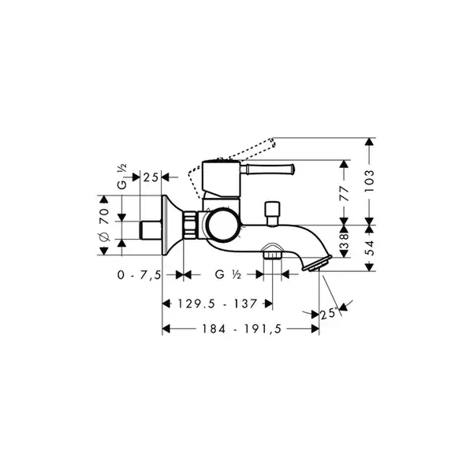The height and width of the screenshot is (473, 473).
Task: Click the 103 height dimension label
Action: tap(369, 181)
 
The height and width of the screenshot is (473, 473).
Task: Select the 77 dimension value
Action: tap(345, 194)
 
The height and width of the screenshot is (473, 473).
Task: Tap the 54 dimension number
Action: tap(370, 248)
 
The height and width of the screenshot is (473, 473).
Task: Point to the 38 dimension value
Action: tap(345, 241)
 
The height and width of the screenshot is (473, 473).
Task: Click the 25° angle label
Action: tap(329, 314)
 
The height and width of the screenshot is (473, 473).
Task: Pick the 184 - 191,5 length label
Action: tap(242, 329)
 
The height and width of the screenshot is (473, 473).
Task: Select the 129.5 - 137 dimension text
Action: tap(218, 304)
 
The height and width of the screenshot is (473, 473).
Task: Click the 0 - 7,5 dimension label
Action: tap(140, 275)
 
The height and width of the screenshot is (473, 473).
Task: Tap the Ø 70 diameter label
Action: tap(104, 225)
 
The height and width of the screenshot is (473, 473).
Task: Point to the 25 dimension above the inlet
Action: tap(151, 177)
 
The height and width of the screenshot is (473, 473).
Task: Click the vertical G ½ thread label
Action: tap(122, 177)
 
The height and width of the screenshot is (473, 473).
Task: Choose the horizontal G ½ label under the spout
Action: tap(228, 274)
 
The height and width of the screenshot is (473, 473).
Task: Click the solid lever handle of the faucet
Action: tap(266, 169)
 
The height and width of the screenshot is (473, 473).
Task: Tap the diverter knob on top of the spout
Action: tap(273, 214)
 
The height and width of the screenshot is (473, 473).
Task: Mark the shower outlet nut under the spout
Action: tap(273, 255)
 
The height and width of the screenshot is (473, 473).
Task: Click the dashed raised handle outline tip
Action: tap(273, 142)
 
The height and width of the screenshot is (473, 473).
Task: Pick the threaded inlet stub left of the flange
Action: tap(151, 230)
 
